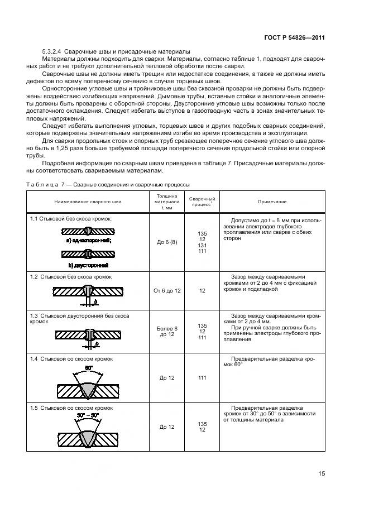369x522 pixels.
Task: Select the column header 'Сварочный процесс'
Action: (202, 202)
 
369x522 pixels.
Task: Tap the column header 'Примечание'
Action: (272, 202)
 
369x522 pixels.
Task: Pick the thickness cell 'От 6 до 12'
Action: (163, 291)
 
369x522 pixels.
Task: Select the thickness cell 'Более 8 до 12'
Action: (163, 331)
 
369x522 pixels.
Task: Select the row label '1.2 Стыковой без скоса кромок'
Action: (71, 276)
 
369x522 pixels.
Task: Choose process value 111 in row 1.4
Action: (202, 378)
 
